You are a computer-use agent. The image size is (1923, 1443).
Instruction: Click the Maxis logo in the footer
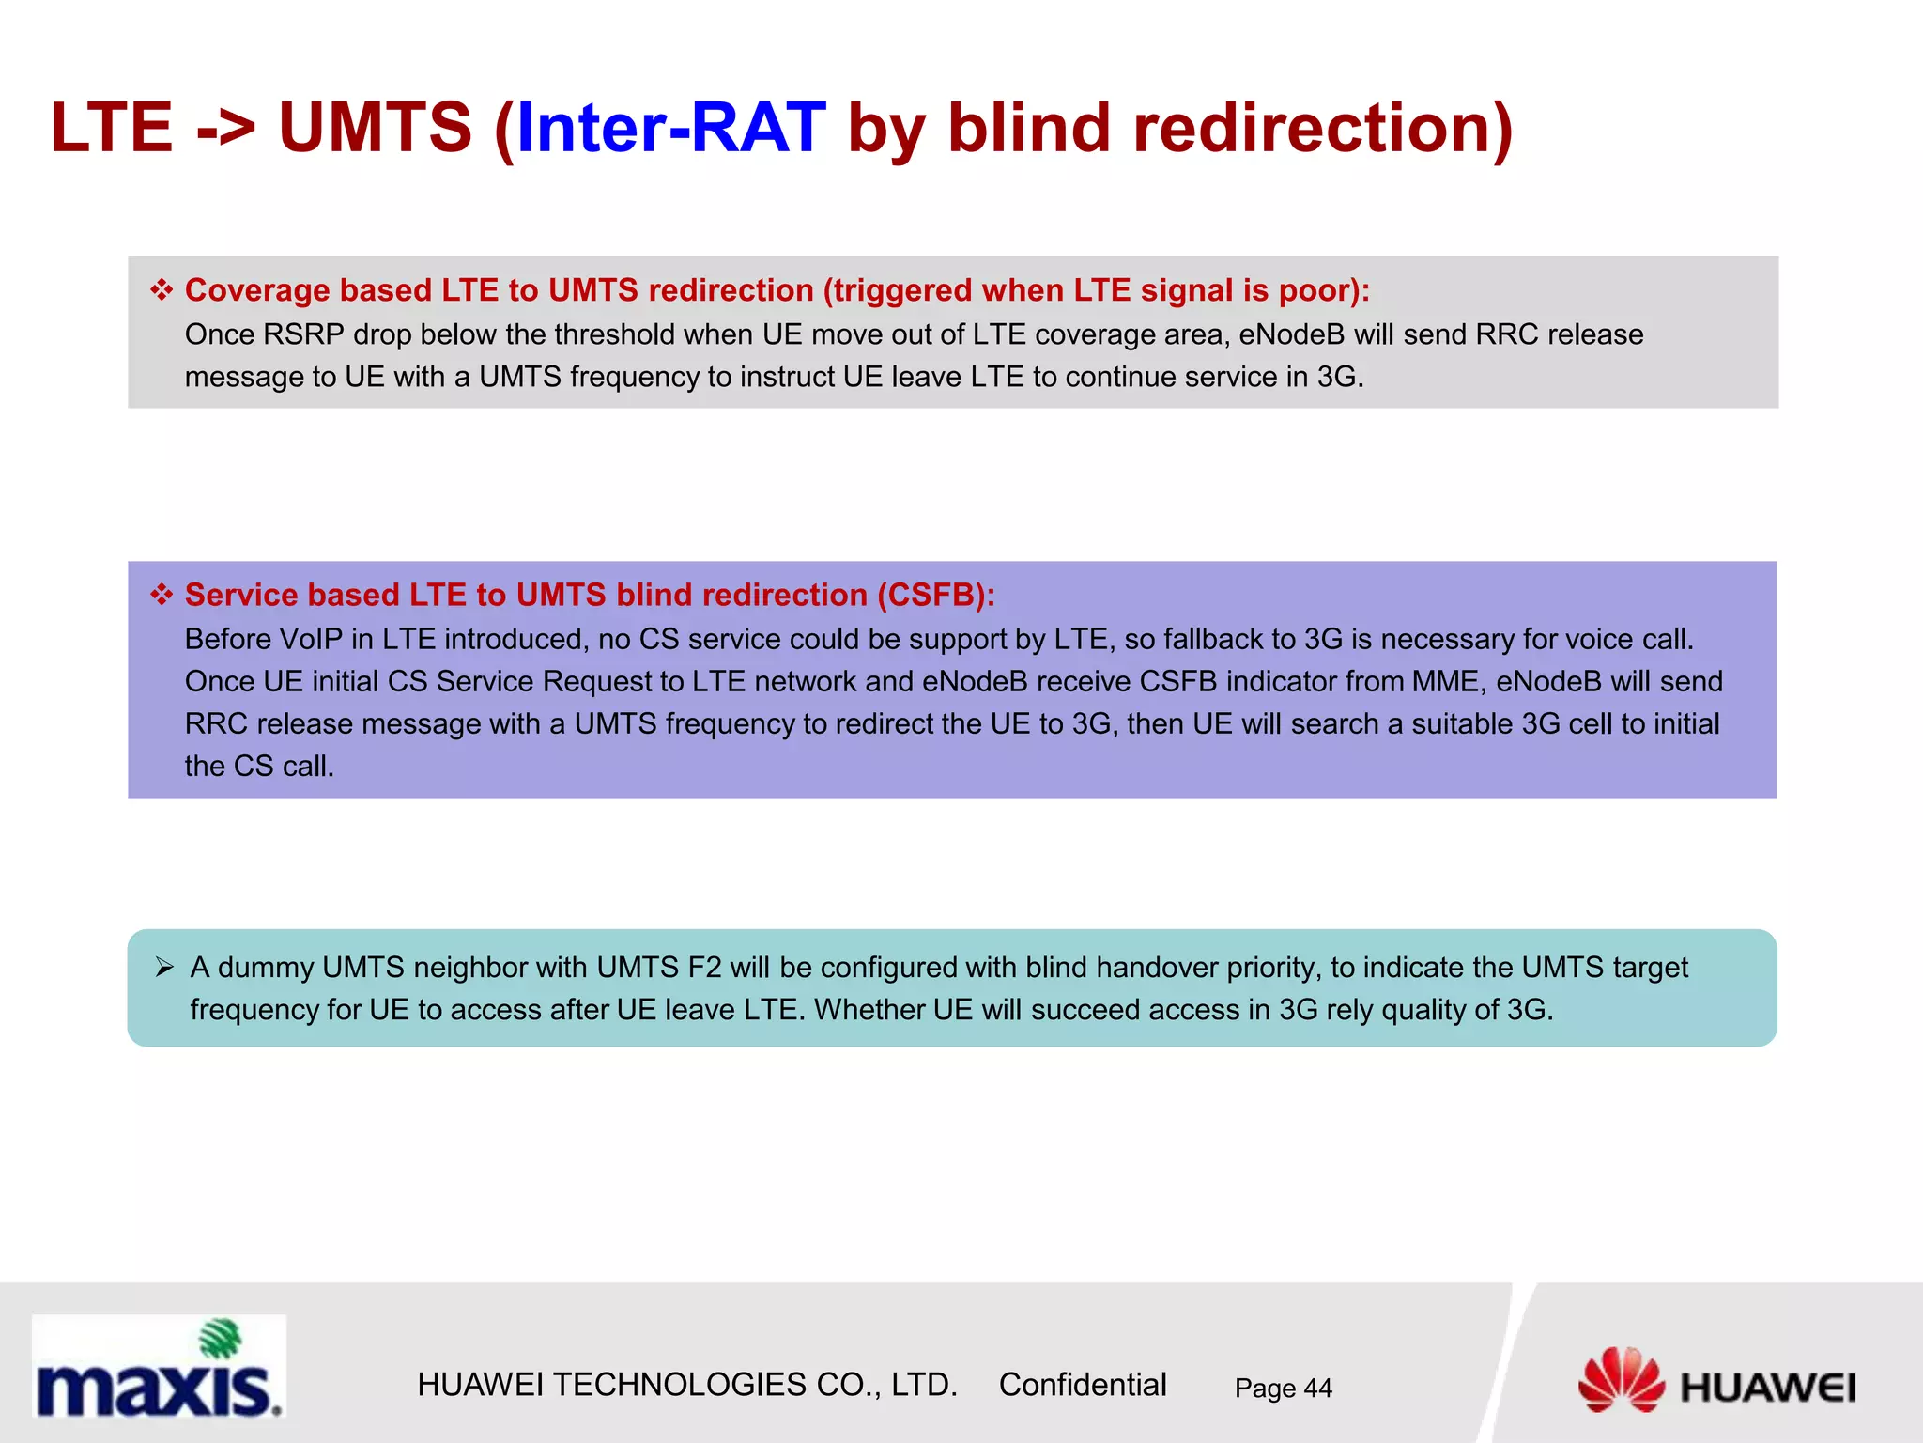[x=158, y=1367]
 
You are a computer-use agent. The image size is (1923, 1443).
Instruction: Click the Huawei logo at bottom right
[x=1716, y=1381]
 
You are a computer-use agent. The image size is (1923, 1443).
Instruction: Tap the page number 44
[x=1317, y=1388]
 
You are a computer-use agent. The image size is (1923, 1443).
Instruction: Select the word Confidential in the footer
[x=1082, y=1384]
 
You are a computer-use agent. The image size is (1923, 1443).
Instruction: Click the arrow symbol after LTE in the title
[x=225, y=129]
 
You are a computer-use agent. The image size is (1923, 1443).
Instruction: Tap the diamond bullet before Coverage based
[x=162, y=289]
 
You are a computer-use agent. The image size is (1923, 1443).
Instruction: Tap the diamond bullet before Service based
[x=162, y=594]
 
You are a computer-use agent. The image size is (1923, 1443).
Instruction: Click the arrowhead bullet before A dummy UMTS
[x=164, y=967]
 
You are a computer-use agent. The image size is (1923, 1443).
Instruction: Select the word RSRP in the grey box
[x=303, y=334]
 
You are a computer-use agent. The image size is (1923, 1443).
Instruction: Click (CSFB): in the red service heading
[x=936, y=595]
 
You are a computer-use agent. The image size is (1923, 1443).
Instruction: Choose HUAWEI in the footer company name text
[x=480, y=1384]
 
